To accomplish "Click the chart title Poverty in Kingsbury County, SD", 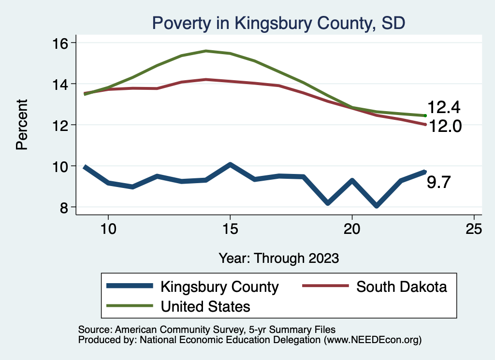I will pyautogui.click(x=278, y=23).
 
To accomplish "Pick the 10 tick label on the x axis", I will pyautogui.click(x=108, y=229).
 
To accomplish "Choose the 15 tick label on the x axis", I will pyautogui.click(x=230, y=229).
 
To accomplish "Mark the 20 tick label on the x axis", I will pyautogui.click(x=352, y=229).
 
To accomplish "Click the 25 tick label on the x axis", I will pyautogui.click(x=474, y=229).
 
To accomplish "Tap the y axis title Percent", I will pyautogui.click(x=22, y=125).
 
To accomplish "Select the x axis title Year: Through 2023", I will pyautogui.click(x=278, y=258).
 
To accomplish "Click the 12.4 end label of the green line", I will pyautogui.click(x=443, y=107).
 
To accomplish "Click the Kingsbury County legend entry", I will pyautogui.click(x=219, y=287).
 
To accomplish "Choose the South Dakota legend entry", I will pyautogui.click(x=401, y=287).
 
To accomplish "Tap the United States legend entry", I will pyautogui.click(x=205, y=306).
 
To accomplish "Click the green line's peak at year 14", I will pyautogui.click(x=206, y=51).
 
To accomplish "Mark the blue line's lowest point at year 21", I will pyautogui.click(x=376, y=206).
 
